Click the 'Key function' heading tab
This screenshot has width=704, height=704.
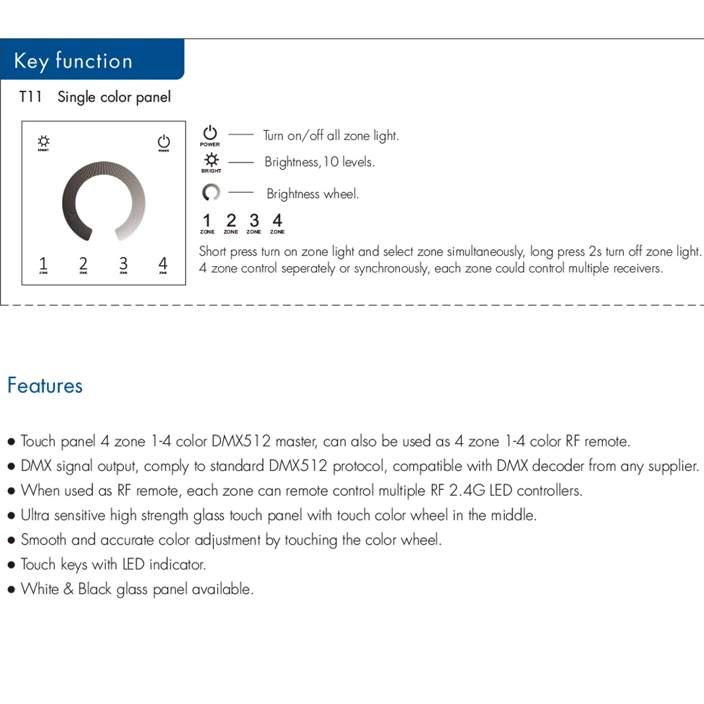pos(73,61)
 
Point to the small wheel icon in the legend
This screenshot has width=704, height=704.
pos(210,192)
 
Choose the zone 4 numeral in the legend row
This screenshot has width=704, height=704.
pos(277,221)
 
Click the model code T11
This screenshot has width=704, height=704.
pos(30,97)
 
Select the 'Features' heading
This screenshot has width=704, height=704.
pos(45,386)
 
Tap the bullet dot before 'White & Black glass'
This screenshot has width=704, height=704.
pos(11,590)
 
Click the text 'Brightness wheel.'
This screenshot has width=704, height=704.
pos(313,194)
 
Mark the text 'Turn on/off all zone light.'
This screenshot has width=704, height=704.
pos(331,136)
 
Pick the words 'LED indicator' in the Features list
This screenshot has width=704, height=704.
pos(164,565)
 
